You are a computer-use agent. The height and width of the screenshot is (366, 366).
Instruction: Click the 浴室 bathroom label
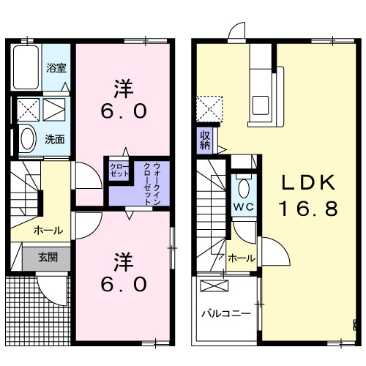click(56, 68)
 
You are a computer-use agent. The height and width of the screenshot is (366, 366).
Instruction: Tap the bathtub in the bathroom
click(26, 67)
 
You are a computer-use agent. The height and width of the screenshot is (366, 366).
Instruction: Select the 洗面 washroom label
click(55, 139)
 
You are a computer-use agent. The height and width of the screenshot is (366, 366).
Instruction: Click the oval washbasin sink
click(28, 139)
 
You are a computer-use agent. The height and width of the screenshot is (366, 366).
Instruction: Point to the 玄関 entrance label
click(48, 257)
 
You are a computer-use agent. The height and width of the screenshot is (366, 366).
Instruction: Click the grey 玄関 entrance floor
click(46, 258)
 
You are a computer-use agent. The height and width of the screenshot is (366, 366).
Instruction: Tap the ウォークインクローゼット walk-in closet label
click(152, 184)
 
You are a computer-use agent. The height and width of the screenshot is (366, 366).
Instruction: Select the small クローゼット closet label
click(119, 171)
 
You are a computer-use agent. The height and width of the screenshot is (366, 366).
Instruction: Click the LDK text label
click(308, 183)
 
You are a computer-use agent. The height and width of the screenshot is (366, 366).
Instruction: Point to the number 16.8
click(308, 209)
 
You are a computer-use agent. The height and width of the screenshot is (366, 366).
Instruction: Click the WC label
click(244, 207)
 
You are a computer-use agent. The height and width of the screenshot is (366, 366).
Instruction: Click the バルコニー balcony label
click(226, 313)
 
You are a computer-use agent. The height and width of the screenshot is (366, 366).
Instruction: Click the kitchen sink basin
click(261, 105)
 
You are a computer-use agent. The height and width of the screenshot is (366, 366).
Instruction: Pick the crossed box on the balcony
click(214, 285)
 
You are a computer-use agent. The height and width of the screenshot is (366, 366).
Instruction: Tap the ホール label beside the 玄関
click(48, 230)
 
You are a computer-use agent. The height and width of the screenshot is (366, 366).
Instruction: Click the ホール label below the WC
click(242, 258)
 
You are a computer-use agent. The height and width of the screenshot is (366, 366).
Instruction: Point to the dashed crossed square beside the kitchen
click(209, 109)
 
